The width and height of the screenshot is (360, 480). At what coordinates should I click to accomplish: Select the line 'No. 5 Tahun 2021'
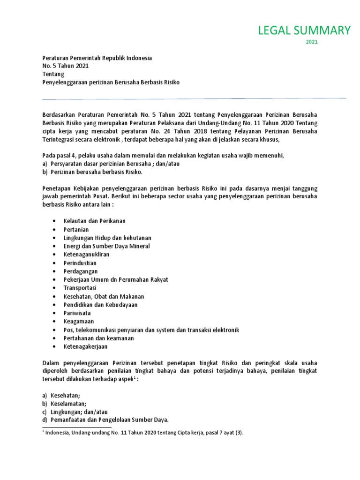pos(65,66)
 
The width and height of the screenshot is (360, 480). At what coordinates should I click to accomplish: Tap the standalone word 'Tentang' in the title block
pos(53,74)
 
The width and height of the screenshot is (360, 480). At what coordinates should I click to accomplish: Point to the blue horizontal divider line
pos(194,98)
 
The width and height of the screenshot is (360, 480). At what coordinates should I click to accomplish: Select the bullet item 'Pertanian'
pos(76,229)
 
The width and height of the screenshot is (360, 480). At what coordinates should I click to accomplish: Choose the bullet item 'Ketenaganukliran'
pos(87,255)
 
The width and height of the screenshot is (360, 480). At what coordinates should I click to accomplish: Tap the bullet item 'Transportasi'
pos(80,288)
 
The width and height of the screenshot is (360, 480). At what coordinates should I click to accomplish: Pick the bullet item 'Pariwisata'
pos(77,313)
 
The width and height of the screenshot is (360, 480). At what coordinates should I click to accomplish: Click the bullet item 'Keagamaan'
pos(79,322)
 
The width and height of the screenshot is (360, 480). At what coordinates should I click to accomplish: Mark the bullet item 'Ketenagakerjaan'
pos(86,347)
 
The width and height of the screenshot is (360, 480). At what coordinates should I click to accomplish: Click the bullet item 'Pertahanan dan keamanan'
pos(99,338)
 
